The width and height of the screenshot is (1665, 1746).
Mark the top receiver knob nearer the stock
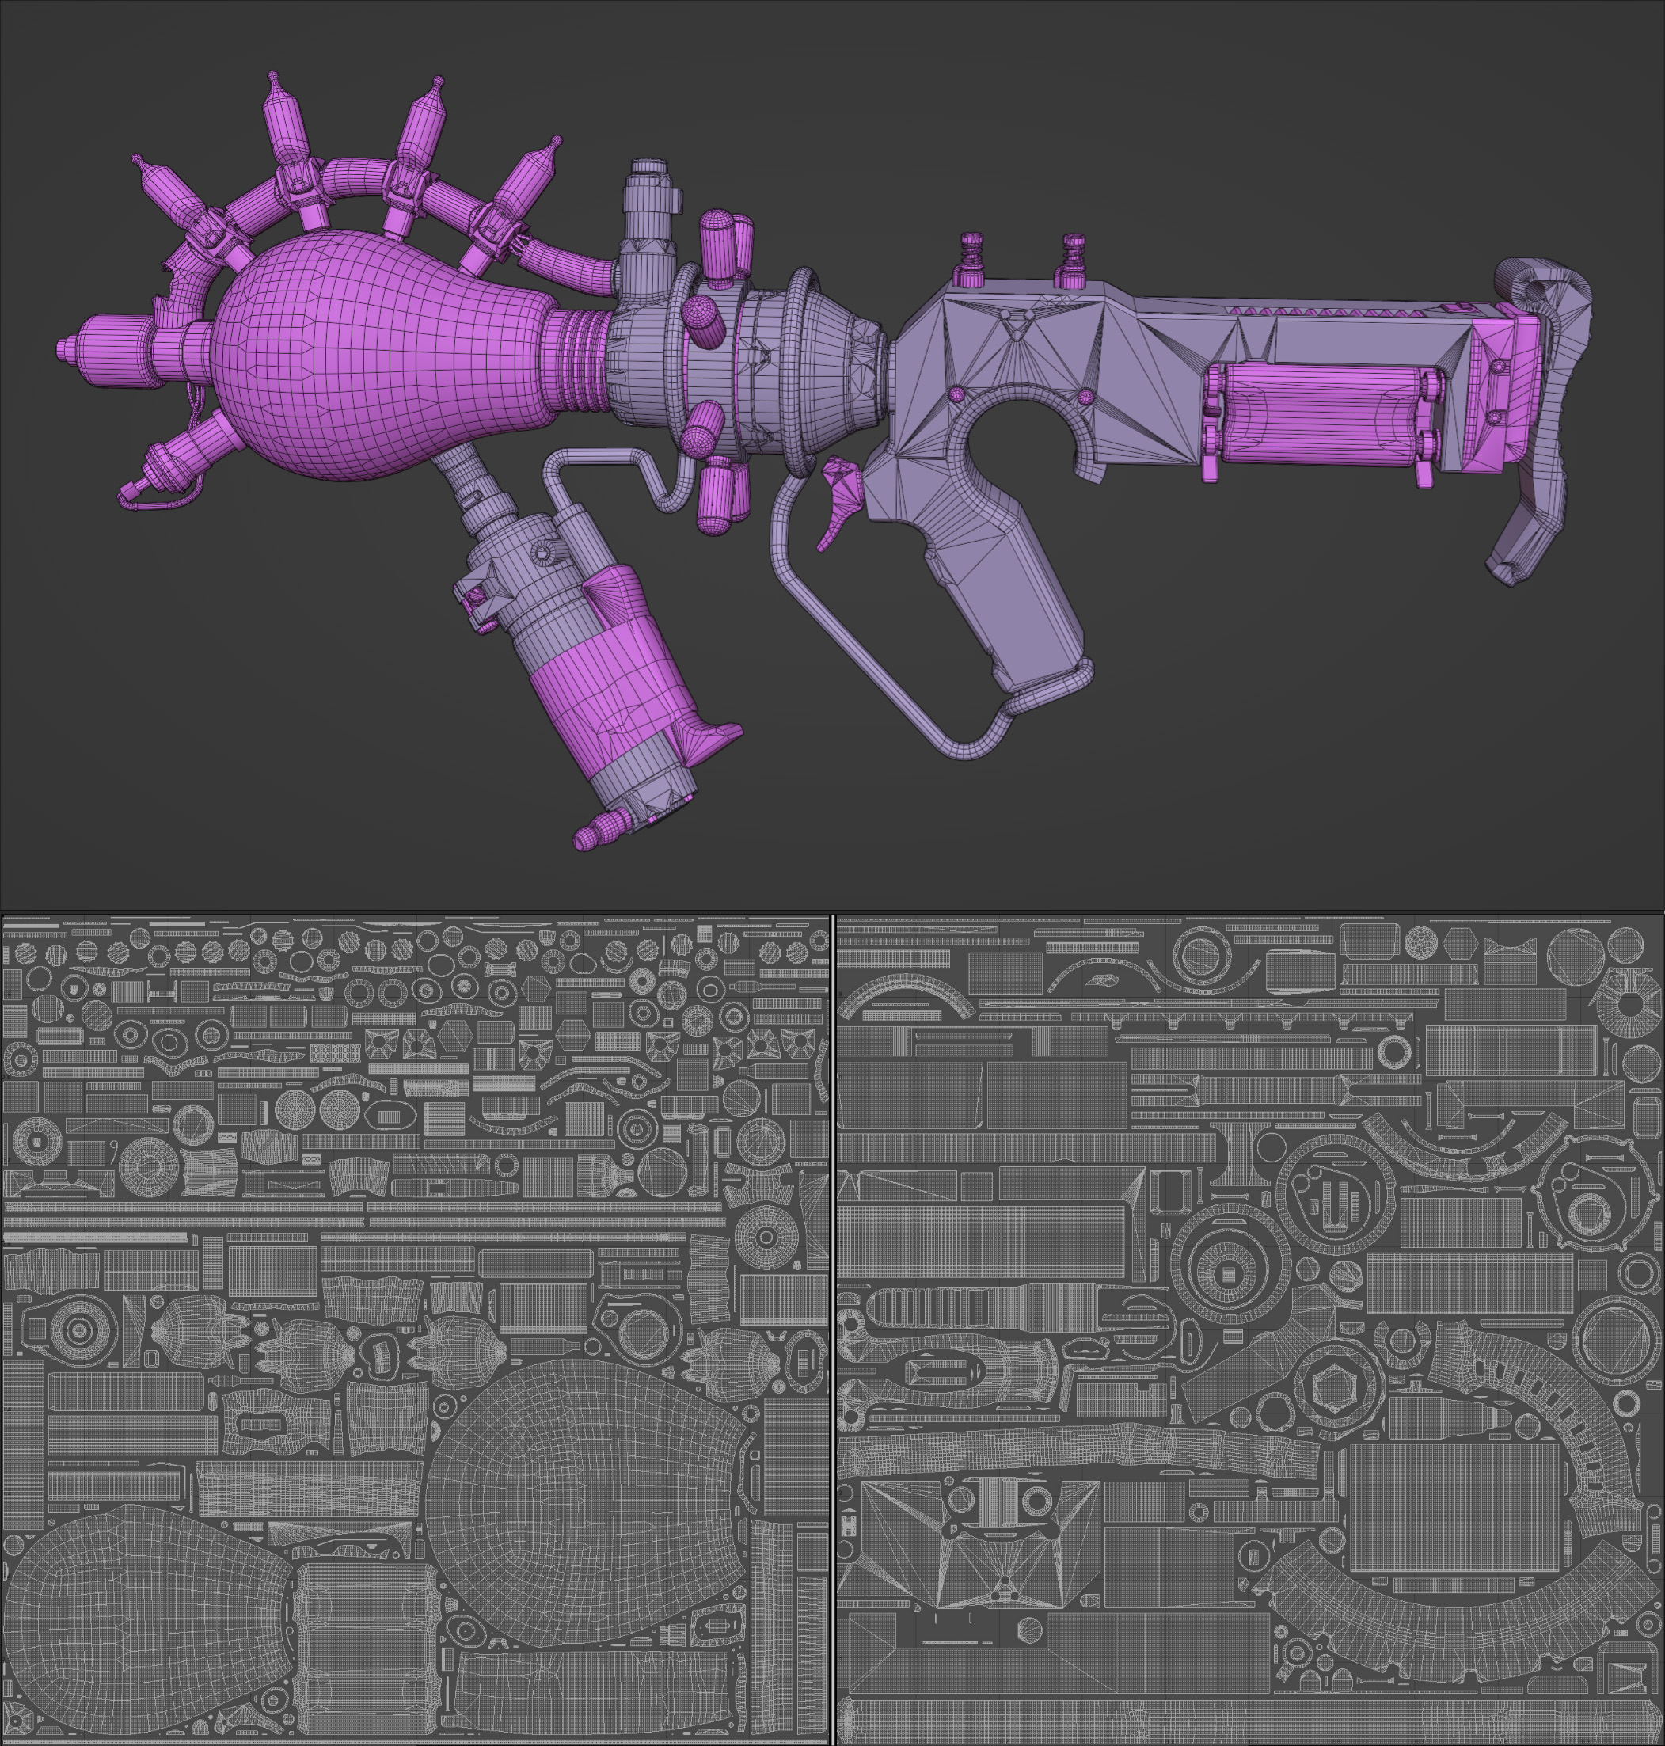[1074, 257]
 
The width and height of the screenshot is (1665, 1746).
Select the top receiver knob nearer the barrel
[971, 257]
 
